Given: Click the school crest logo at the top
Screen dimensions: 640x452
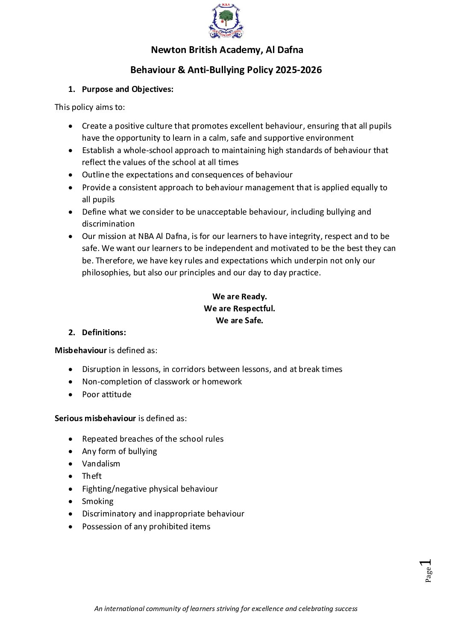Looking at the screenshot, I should [x=226, y=21].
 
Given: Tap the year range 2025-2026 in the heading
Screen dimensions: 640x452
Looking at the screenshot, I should [x=299, y=70].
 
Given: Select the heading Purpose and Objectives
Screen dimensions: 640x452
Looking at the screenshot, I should [x=127, y=89].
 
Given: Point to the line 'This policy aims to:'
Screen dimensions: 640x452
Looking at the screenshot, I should [x=90, y=107].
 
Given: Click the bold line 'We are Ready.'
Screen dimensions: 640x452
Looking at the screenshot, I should [x=239, y=297].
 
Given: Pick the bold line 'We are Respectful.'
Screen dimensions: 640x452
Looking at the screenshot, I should [x=239, y=309].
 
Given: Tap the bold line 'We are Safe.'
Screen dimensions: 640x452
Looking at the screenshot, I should [x=239, y=321].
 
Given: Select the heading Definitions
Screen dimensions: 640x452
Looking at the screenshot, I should [x=104, y=333].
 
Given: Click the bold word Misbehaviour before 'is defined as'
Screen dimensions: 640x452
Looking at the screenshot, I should [x=81, y=351].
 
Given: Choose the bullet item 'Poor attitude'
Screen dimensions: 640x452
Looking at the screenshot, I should [x=107, y=395].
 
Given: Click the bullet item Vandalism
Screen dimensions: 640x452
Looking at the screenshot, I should [x=101, y=464].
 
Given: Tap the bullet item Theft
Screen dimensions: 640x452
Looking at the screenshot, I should [x=92, y=476].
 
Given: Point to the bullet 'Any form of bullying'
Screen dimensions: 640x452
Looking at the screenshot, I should [x=120, y=451].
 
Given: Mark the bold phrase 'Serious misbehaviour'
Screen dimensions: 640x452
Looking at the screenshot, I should [x=95, y=419].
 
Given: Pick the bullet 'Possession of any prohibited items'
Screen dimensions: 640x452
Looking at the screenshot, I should [x=146, y=527].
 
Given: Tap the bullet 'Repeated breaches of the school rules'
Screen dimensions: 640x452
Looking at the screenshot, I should [x=153, y=439].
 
